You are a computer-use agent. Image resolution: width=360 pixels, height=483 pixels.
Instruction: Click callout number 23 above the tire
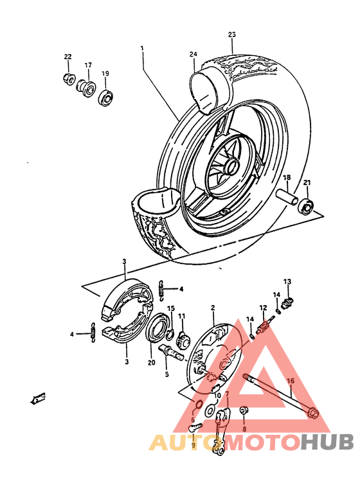click(x=232, y=35)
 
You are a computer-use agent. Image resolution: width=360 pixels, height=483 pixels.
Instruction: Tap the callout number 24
click(x=193, y=55)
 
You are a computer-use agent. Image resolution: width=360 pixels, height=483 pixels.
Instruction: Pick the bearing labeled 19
click(x=105, y=98)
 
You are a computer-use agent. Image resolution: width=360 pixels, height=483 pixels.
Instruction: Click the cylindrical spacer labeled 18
click(x=287, y=198)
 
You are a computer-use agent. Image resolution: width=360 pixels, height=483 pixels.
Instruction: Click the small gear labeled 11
click(x=182, y=338)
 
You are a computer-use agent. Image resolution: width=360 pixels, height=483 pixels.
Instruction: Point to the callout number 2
click(x=212, y=309)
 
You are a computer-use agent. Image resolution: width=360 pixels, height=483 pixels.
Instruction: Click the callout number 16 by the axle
click(x=291, y=381)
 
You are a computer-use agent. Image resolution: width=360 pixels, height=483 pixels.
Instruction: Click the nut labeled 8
click(x=244, y=410)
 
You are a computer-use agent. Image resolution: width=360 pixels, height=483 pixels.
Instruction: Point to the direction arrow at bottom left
click(x=37, y=400)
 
